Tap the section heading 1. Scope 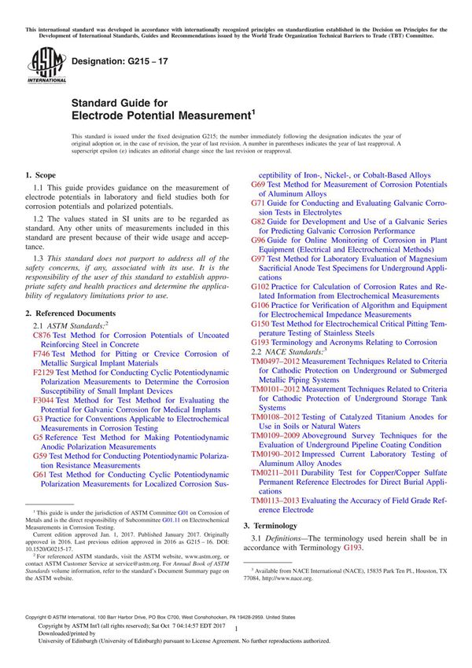pos(39,174)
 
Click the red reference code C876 pos(42,335)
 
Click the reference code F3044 pos(44,399)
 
